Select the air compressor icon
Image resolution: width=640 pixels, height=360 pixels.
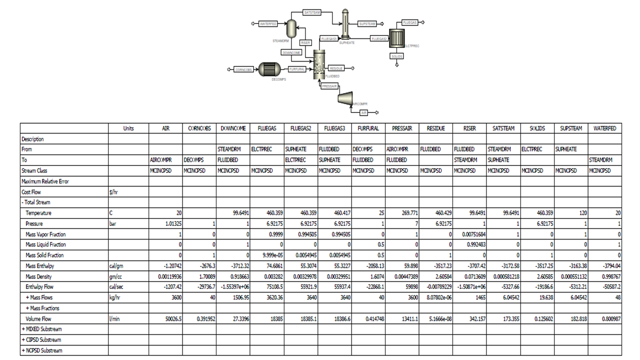pos(346,98)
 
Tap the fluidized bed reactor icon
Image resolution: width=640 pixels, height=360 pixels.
pos(319,64)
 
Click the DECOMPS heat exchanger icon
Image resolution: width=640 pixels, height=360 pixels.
pos(270,70)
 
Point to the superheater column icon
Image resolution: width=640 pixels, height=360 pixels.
pos(344,23)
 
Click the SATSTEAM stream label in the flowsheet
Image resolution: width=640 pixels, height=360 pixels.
pos(312,12)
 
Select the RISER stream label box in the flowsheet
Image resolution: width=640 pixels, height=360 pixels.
pos(305,43)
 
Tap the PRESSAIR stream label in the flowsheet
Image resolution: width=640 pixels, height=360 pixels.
pos(329,86)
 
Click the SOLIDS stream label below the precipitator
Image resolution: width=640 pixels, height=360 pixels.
pos(396,56)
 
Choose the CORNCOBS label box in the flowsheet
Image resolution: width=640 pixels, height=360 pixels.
pos(243,69)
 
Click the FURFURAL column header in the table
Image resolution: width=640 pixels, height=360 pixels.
pos(368,128)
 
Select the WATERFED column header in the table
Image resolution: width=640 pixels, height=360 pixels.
pos(604,128)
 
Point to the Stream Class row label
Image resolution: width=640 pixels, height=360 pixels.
pos(35,171)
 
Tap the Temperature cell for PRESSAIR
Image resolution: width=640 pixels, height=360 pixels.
pos(402,213)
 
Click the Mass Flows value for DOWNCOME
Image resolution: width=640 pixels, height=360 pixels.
pos(233,297)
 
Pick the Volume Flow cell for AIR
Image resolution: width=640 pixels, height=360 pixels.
pos(165,319)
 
